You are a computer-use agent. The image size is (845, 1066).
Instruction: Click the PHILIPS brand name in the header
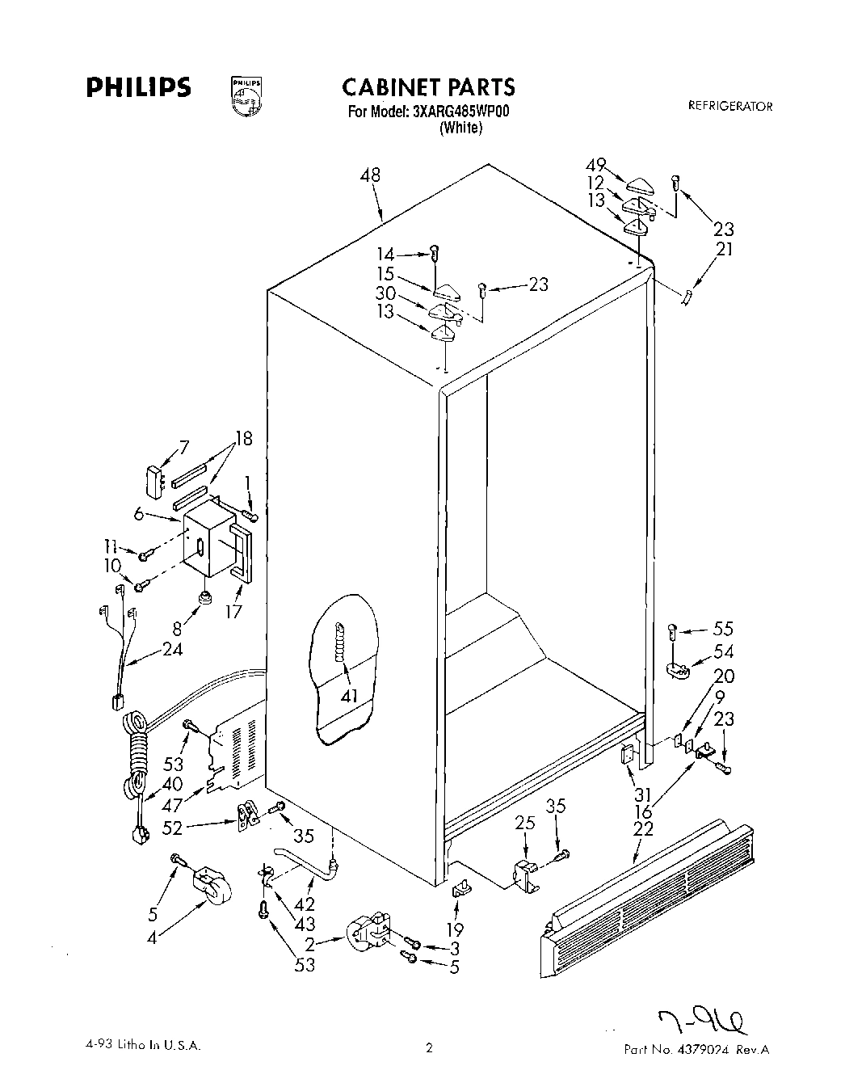[139, 87]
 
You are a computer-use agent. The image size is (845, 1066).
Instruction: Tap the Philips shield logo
[246, 95]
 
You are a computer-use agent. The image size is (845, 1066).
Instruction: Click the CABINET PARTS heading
[427, 86]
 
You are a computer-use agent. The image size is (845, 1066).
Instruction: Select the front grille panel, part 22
[646, 897]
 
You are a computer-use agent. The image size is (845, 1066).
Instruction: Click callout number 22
[643, 828]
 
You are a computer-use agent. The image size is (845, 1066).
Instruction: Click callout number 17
[233, 611]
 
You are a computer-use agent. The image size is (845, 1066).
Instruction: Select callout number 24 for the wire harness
[171, 648]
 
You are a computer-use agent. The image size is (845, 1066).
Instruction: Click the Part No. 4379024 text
[696, 1049]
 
